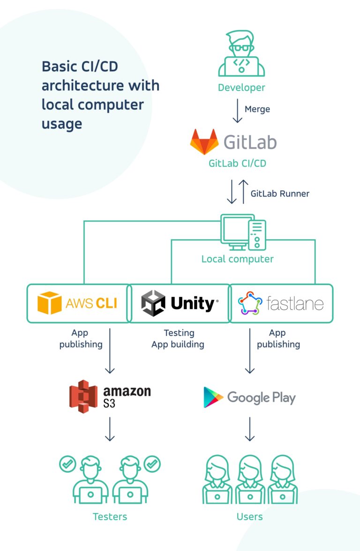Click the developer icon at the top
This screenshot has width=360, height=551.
[x=241, y=53]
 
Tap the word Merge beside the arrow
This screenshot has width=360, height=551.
[x=257, y=109]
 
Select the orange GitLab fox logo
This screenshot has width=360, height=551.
[x=204, y=142]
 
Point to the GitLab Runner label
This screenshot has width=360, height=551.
[x=280, y=193]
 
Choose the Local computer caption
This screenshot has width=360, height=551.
[x=237, y=259]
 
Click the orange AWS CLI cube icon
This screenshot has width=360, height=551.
[x=49, y=303]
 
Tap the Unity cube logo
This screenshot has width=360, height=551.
[x=153, y=303]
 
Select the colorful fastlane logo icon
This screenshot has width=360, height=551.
[x=248, y=303]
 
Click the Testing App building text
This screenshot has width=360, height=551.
[x=178, y=339]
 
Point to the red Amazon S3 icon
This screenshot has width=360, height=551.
[x=83, y=397]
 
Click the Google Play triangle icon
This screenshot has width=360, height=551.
[x=213, y=397]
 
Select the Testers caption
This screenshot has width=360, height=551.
[x=110, y=517]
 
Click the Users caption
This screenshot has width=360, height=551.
[x=250, y=517]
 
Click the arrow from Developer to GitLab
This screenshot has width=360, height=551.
[x=238, y=111]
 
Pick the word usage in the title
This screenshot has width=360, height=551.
[x=62, y=124]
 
